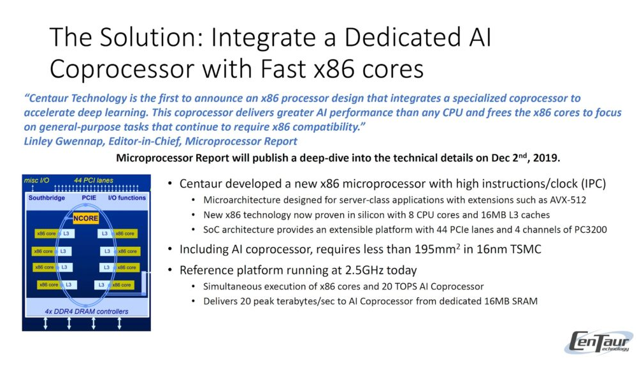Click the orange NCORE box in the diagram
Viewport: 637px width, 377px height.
coord(86,218)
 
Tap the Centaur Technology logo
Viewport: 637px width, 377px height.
coord(598,342)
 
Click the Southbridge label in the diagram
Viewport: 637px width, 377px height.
coord(47,198)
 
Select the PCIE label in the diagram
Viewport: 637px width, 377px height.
coord(89,198)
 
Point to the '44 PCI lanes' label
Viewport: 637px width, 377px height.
coord(94,180)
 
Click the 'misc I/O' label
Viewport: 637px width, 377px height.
coord(36,180)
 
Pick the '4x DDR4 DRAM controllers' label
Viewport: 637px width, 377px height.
coord(87,311)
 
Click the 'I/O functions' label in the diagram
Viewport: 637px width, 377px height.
coord(127,198)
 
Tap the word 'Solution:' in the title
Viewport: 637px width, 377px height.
coord(153,37)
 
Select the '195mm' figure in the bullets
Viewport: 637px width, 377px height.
coord(437,249)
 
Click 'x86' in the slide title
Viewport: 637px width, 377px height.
coord(335,69)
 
